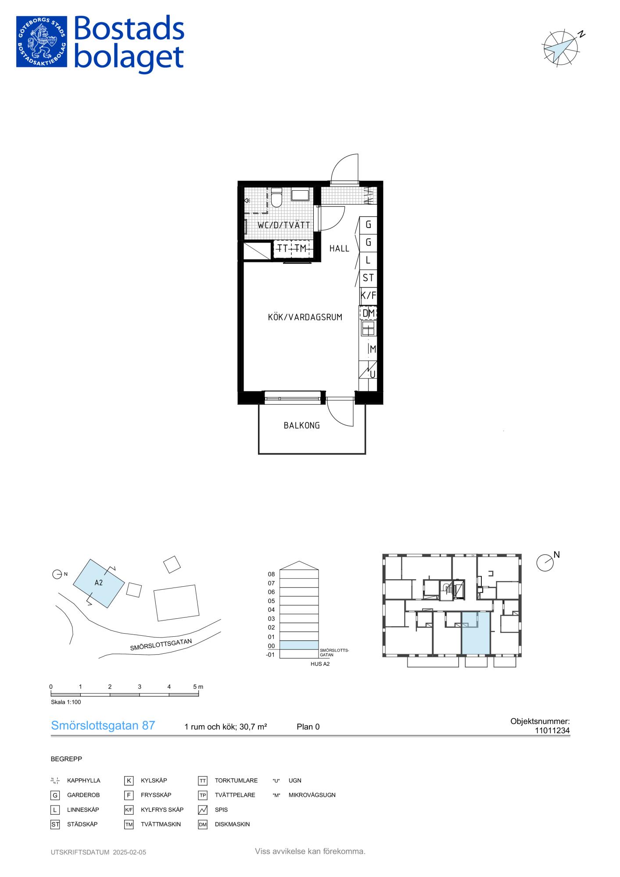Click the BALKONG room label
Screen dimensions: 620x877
[x=301, y=425]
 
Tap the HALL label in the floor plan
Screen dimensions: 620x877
[x=339, y=249]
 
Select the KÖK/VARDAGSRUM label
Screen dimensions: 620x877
[x=305, y=317]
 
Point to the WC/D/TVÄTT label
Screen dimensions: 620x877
[x=284, y=225]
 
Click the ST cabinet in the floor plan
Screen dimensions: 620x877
[x=368, y=278]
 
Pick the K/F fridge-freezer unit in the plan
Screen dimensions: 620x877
[x=368, y=296]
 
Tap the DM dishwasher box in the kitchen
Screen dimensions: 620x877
[x=368, y=313]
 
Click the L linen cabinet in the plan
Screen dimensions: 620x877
[x=368, y=260]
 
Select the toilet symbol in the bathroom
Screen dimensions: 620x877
[x=276, y=198]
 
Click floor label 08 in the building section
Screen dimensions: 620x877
[x=271, y=574]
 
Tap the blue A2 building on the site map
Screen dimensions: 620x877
[x=99, y=583]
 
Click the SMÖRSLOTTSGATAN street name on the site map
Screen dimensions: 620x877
[x=161, y=644]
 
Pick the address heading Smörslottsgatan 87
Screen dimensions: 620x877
[x=103, y=725]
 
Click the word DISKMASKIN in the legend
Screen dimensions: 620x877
[x=232, y=824]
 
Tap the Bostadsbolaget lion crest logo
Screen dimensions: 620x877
[x=42, y=42]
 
